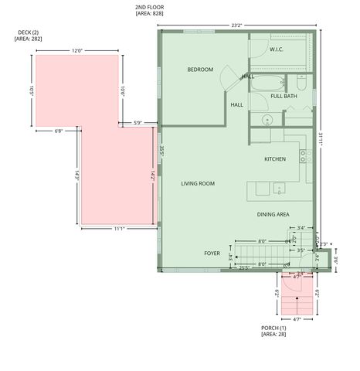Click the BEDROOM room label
(x=200, y=70)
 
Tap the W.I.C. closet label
(x=277, y=50)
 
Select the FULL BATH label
(x=284, y=96)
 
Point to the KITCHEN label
(x=275, y=159)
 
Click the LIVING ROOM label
(x=198, y=184)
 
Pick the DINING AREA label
(x=273, y=214)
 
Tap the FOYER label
(x=212, y=254)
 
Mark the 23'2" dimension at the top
(x=236, y=26)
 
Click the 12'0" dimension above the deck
(x=77, y=50)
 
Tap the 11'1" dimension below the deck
(x=120, y=229)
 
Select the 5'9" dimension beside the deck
(x=138, y=122)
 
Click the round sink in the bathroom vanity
(x=267, y=120)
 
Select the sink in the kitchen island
(x=278, y=187)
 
